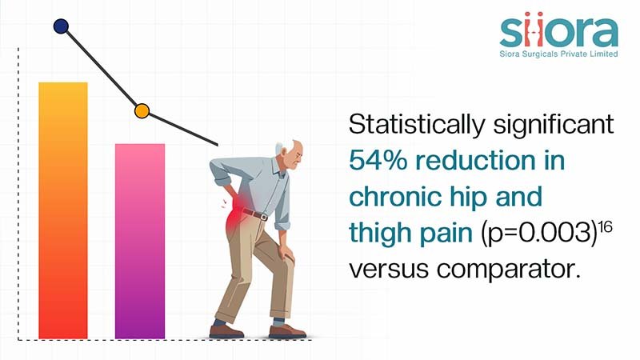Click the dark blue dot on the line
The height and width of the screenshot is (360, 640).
click(61, 26)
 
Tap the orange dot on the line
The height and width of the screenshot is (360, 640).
click(142, 111)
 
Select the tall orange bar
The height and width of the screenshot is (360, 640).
click(63, 210)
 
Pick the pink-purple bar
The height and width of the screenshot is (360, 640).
click(140, 241)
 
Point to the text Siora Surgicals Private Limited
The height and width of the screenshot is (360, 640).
click(558, 54)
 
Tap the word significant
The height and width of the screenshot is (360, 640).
click(554, 124)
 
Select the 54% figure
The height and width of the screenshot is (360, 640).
click(378, 160)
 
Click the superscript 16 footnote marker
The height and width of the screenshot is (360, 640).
click(606, 226)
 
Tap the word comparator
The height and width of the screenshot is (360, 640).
click(509, 270)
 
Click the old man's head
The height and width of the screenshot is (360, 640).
click(290, 154)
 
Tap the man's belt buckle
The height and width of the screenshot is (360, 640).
click(264, 217)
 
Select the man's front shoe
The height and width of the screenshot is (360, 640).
click(287, 331)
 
